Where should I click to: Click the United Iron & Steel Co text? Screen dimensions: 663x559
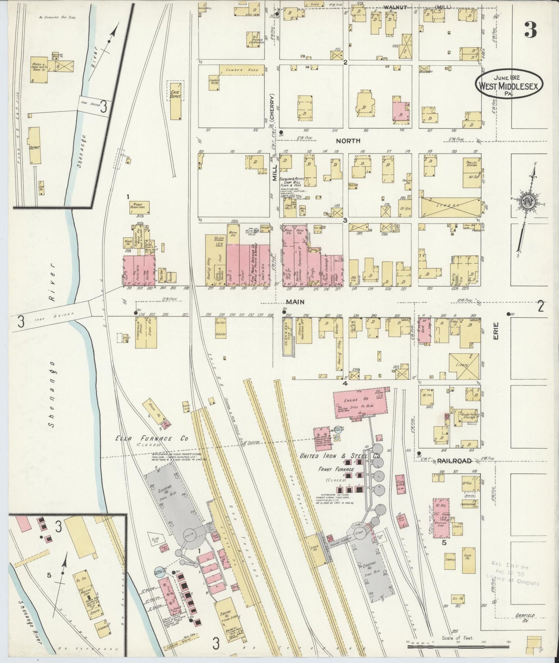click(x=340, y=456)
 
